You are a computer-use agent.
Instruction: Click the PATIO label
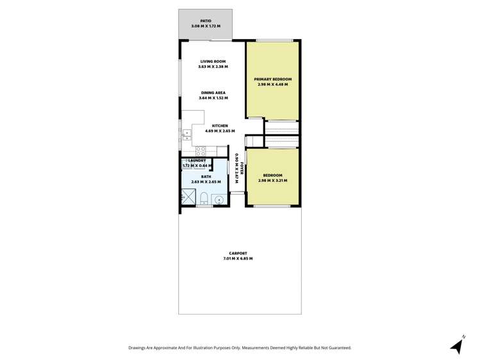(x=205, y=20)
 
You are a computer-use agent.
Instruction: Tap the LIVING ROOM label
(x=213, y=61)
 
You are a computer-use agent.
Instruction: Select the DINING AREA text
(x=213, y=93)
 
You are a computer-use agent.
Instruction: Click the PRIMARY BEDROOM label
(x=272, y=79)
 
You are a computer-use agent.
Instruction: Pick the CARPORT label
(x=237, y=253)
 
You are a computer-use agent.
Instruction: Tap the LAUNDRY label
(x=197, y=161)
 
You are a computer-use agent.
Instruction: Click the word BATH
(x=206, y=176)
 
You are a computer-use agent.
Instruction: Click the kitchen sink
(x=186, y=134)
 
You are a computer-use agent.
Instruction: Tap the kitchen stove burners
(x=201, y=151)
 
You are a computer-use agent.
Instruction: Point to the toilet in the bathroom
(x=203, y=198)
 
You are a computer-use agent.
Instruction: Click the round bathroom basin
(x=219, y=199)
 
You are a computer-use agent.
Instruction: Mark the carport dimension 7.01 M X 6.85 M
(x=237, y=259)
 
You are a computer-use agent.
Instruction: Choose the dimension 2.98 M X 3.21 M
(x=272, y=181)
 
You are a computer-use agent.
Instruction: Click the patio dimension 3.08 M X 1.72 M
(x=205, y=26)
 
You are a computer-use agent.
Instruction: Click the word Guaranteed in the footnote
(x=337, y=348)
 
